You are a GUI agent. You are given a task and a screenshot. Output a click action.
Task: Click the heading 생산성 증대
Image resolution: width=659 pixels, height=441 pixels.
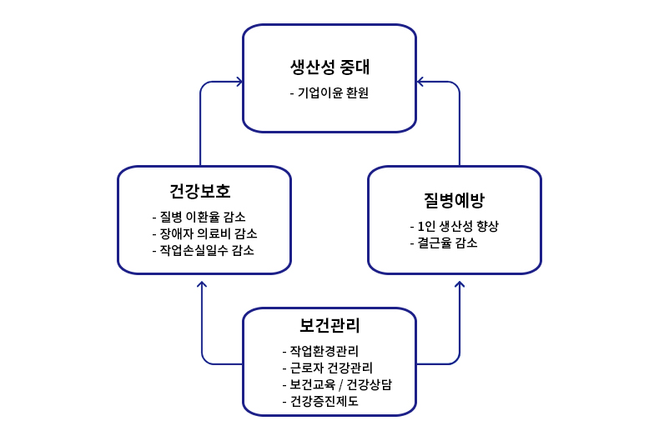coord(329,66)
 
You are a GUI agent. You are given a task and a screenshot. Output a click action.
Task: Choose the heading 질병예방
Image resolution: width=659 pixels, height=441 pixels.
coord(454,200)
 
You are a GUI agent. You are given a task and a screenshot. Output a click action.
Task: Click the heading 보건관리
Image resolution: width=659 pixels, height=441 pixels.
coord(329,325)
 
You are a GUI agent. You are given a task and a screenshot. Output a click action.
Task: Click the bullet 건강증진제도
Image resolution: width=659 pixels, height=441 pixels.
coord(324,401)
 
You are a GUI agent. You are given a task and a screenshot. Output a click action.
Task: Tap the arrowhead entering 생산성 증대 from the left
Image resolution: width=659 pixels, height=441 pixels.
coord(240,82)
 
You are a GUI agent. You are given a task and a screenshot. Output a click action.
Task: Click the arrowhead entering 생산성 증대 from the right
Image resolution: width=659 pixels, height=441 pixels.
coord(419,82)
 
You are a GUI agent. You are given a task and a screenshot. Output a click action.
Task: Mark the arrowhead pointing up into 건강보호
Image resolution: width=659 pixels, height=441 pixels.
coord(201,284)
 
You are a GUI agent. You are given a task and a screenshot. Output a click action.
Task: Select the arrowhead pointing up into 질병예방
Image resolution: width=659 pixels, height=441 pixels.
coord(459,284)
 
